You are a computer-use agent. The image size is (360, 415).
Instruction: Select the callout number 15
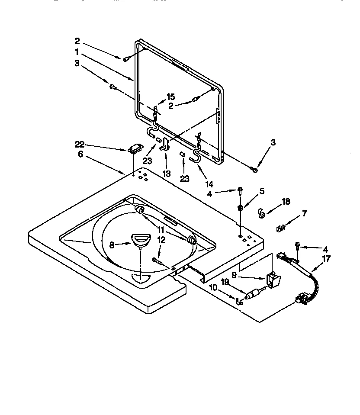tap(170, 97)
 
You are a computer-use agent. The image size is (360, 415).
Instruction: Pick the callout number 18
tap(285, 202)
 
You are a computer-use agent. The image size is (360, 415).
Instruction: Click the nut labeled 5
tap(241, 208)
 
